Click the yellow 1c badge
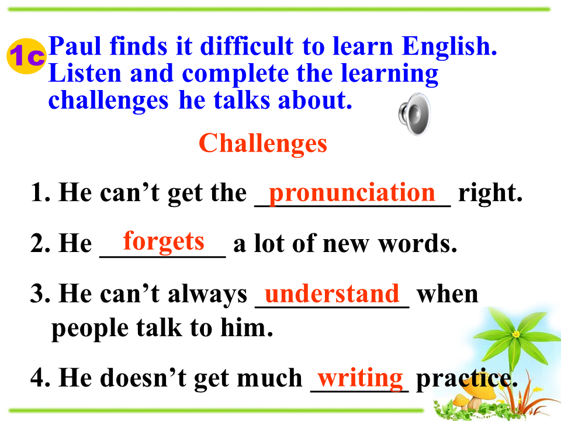[26, 56]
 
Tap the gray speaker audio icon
[415, 114]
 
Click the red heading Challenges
[262, 144]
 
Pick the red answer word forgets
[164, 241]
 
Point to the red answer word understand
[332, 294]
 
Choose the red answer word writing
[361, 378]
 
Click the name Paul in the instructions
[75, 46]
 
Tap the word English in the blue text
[449, 47]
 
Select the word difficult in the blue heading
[247, 46]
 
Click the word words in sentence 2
[418, 244]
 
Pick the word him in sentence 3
[247, 327]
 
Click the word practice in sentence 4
[467, 379]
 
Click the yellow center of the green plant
[515, 334]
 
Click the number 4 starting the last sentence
[38, 378]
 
